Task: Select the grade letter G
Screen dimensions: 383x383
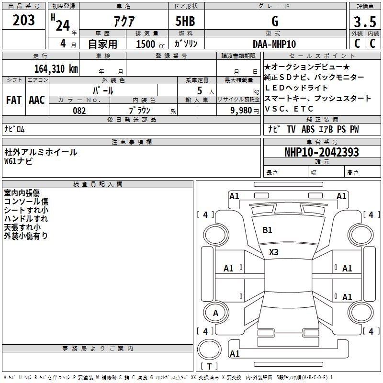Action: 274,21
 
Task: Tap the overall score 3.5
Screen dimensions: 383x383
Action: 364,22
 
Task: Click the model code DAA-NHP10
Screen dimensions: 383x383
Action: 274,44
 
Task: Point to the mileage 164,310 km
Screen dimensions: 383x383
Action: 56,68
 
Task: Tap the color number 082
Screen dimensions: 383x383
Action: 79,111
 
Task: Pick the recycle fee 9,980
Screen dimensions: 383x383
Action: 241,111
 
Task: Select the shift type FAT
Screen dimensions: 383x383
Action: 14,100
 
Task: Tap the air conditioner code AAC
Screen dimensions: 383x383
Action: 36,100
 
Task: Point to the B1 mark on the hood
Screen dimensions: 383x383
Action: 267,230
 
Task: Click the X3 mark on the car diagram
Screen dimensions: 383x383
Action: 273,252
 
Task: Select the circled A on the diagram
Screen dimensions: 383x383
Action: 215,313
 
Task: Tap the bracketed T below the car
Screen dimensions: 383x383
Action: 209,367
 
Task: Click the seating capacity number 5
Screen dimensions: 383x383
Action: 198,90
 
